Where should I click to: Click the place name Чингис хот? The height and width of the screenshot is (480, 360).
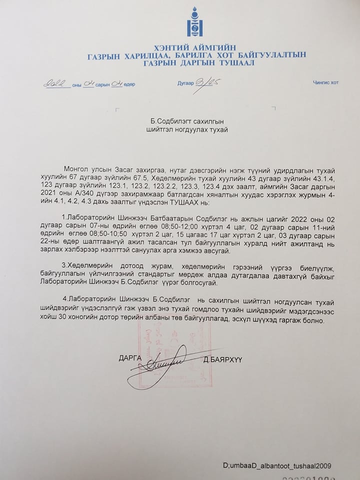(325, 82)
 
